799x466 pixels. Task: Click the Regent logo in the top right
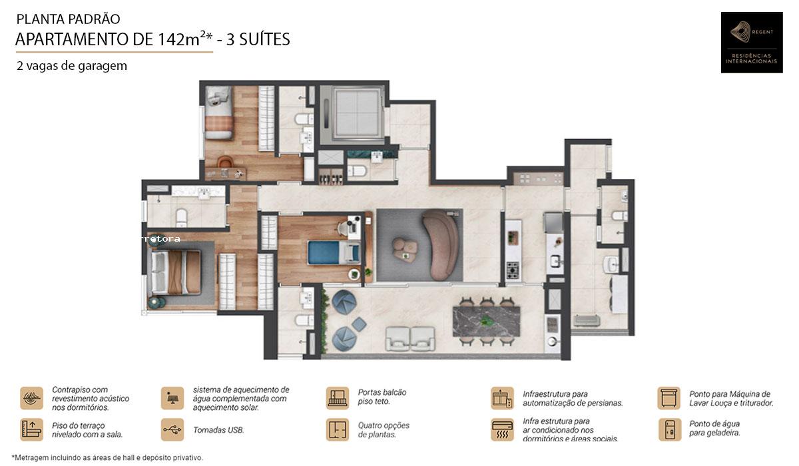point(751,42)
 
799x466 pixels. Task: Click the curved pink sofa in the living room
point(441,245)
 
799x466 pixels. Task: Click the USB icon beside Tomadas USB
point(172,429)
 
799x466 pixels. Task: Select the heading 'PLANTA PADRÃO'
point(68,19)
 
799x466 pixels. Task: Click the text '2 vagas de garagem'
point(72,66)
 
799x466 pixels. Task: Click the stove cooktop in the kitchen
point(513,270)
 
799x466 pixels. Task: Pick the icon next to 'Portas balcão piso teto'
point(338,397)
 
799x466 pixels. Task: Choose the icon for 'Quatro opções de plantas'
point(338,429)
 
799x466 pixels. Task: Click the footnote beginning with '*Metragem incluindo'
point(107,457)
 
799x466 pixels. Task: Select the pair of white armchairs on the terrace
point(410,339)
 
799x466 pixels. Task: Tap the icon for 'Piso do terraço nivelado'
point(31,429)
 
